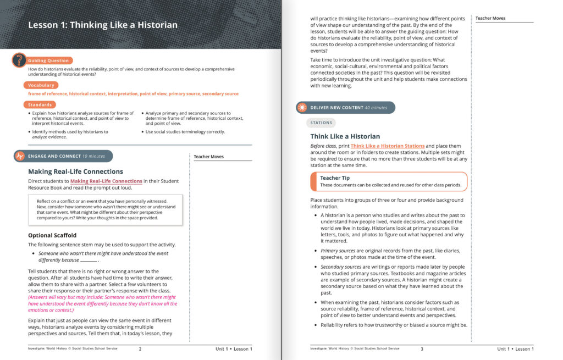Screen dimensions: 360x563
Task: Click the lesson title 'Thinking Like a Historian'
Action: click(x=103, y=25)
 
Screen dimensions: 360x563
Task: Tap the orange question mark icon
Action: click(x=19, y=59)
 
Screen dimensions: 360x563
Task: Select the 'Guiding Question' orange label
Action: click(x=48, y=60)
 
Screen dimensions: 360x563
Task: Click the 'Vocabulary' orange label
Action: click(x=41, y=85)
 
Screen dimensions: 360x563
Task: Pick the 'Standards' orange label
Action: click(x=40, y=104)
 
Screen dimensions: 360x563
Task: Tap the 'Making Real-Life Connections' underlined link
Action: click(x=106, y=181)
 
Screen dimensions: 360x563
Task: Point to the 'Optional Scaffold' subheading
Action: click(x=53, y=236)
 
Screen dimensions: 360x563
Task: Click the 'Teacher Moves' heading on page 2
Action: click(x=209, y=157)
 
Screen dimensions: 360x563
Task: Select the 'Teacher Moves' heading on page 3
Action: click(x=490, y=18)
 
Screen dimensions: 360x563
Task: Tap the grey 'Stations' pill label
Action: click(x=321, y=123)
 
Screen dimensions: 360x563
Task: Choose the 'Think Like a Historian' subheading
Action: click(x=346, y=136)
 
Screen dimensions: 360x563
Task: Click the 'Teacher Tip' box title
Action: click(x=335, y=178)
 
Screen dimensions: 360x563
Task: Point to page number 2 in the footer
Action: click(x=140, y=349)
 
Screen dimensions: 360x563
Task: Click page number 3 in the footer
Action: click(x=422, y=349)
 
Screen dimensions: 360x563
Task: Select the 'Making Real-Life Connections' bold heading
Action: click(x=75, y=171)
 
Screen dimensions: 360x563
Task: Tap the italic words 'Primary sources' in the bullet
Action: click(x=338, y=251)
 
